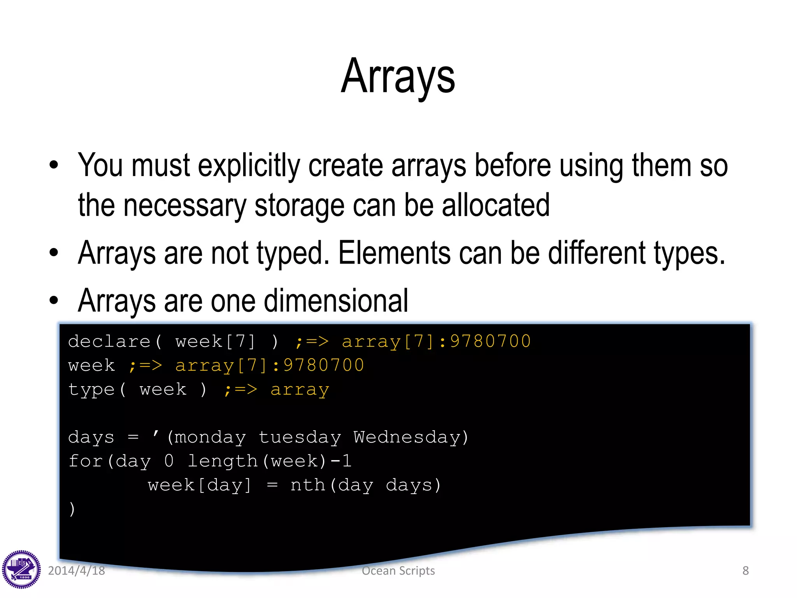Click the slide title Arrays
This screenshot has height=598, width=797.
(398, 76)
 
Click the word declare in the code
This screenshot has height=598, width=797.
(109, 342)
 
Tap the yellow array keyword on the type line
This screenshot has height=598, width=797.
(300, 390)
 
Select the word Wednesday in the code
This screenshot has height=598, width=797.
(406, 437)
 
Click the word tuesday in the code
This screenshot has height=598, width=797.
(300, 437)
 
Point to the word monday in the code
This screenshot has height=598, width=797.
(210, 437)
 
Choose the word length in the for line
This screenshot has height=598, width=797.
(222, 461)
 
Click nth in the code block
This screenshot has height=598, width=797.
(307, 485)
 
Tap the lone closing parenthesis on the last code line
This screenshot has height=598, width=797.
(72, 509)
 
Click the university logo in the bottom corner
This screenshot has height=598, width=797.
(21, 569)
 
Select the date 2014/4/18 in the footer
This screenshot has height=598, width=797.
(76, 571)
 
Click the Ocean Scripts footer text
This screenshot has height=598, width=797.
(398, 571)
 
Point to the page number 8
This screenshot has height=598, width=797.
(745, 571)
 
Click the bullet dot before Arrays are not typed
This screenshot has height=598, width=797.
(54, 253)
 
